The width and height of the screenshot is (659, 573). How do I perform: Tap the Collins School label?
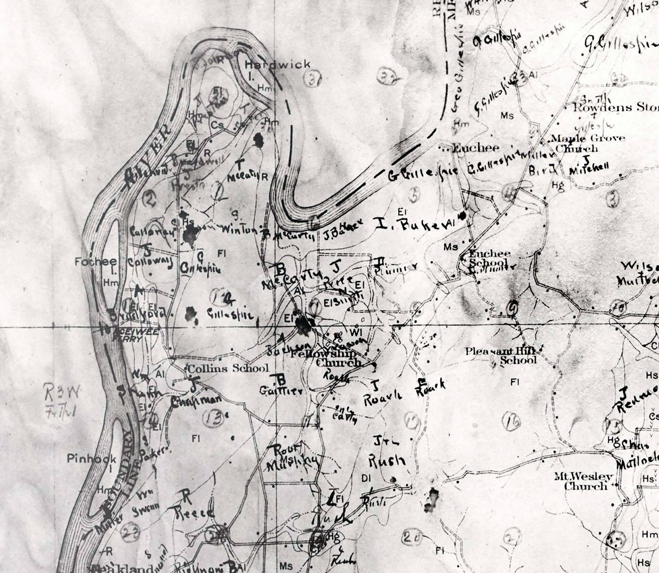228,368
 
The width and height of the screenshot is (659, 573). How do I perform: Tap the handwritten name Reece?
194,512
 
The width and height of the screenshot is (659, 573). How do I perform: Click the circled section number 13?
212,418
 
